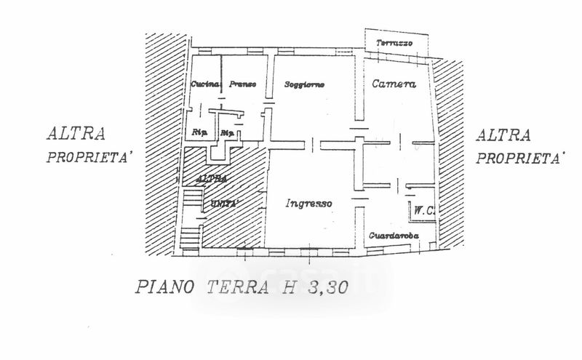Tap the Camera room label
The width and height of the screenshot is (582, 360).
(394, 84)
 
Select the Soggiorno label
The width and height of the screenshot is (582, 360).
(304, 85)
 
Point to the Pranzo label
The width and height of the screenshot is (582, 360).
(243, 85)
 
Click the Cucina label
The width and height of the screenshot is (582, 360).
(205, 85)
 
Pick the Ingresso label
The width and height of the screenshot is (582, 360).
(309, 204)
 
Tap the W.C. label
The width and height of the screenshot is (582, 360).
(423, 212)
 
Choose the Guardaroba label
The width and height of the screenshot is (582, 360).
(393, 236)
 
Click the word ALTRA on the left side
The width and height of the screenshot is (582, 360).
(76, 134)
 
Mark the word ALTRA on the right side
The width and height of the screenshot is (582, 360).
(503, 135)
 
